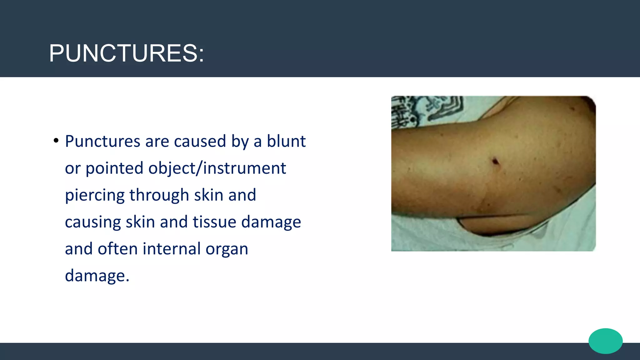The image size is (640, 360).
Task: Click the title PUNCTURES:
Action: pyautogui.click(x=127, y=53)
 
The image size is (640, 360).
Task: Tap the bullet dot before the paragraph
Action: pyautogui.click(x=56, y=141)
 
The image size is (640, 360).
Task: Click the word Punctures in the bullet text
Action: pyautogui.click(x=102, y=141)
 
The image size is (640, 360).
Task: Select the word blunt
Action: pyautogui.click(x=286, y=141)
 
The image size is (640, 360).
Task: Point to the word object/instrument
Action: pyautogui.click(x=217, y=168)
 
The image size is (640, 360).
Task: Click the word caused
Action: pyautogui.click(x=200, y=141)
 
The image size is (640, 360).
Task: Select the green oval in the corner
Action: pyautogui.click(x=606, y=341)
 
